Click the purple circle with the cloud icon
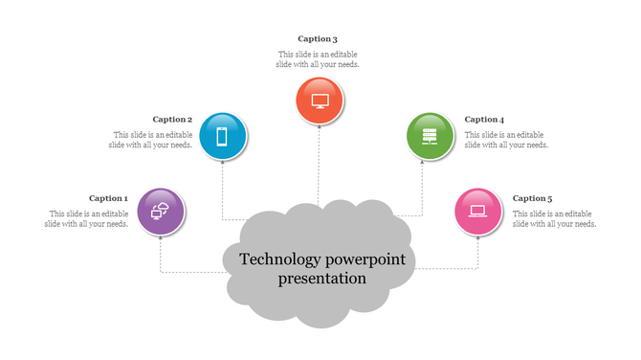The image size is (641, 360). tap(161, 212)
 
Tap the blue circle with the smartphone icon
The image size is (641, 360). tap(223, 136)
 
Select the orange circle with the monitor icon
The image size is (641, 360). tap(320, 101)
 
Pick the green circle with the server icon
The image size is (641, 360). tap(430, 136)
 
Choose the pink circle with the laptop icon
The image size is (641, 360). tap(478, 212)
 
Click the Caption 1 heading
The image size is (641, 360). tap(108, 198)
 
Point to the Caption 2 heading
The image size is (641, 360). tap(172, 120)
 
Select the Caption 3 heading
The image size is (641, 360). tap(318, 39)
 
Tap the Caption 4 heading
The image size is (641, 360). tap(484, 120)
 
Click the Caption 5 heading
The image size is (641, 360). tap(532, 198)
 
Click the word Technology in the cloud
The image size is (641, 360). tap(279, 259)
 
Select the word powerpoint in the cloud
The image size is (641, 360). tap(366, 259)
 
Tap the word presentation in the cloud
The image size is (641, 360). tap(322, 279)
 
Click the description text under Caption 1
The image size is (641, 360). tap(87, 218)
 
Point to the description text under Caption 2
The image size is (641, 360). tap(153, 140)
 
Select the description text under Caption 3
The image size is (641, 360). tap(319, 59)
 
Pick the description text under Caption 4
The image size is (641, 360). tap(506, 140)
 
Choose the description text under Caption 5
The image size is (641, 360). tap(554, 218)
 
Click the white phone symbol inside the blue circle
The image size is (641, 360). tap(223, 136)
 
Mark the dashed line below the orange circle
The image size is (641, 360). tap(319, 163)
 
